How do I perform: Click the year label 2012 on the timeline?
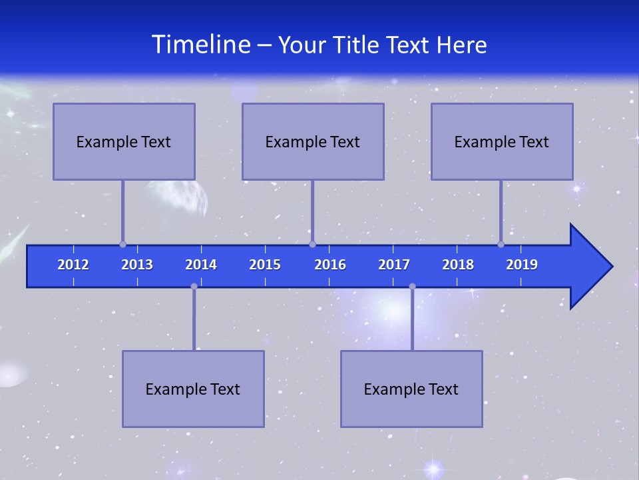[x=73, y=265]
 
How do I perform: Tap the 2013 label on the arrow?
[x=137, y=265]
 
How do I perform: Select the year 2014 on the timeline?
[x=201, y=265]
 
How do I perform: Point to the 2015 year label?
[x=265, y=265]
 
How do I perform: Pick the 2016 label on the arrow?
[x=330, y=265]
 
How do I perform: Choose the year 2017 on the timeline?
[x=394, y=265]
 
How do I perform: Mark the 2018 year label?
[x=458, y=265]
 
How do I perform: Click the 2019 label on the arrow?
[x=522, y=265]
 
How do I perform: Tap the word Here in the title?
[x=461, y=45]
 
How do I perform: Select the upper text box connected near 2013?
[x=124, y=141]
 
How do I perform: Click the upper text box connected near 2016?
[x=313, y=141]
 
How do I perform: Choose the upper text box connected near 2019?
[x=502, y=141]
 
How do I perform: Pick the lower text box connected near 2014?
[x=193, y=389]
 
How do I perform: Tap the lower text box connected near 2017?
[x=411, y=389]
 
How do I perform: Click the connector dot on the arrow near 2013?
[x=122, y=244]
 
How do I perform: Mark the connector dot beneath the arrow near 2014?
[x=194, y=286]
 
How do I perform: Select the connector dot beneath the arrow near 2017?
[x=412, y=286]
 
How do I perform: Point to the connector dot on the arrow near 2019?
[x=501, y=244]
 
